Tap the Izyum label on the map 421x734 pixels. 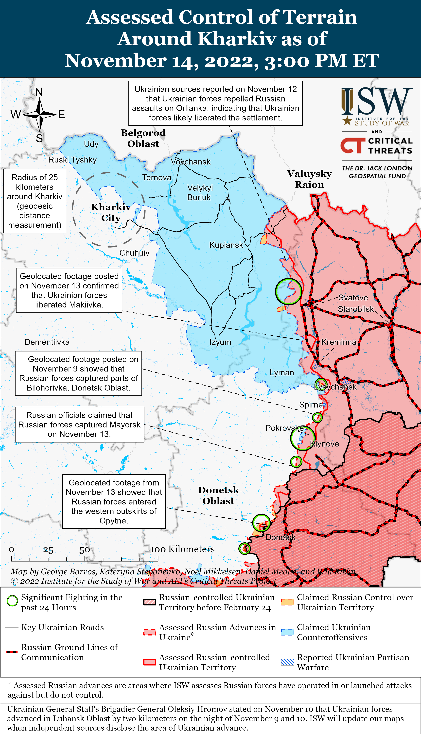pos(220,342)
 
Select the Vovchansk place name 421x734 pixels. pos(191,162)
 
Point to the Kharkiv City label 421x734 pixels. pos(111,212)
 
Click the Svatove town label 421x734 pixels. pos(353,298)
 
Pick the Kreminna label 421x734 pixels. pos(339,342)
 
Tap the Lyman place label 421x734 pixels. pos(282,372)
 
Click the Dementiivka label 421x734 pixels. pos(47,342)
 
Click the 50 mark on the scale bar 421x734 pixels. pos(84,550)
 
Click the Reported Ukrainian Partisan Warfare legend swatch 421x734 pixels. pos(287,662)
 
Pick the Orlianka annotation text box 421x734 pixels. pos(215,103)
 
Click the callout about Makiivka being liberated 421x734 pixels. pos(69,290)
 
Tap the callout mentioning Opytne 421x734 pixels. pos(114,502)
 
